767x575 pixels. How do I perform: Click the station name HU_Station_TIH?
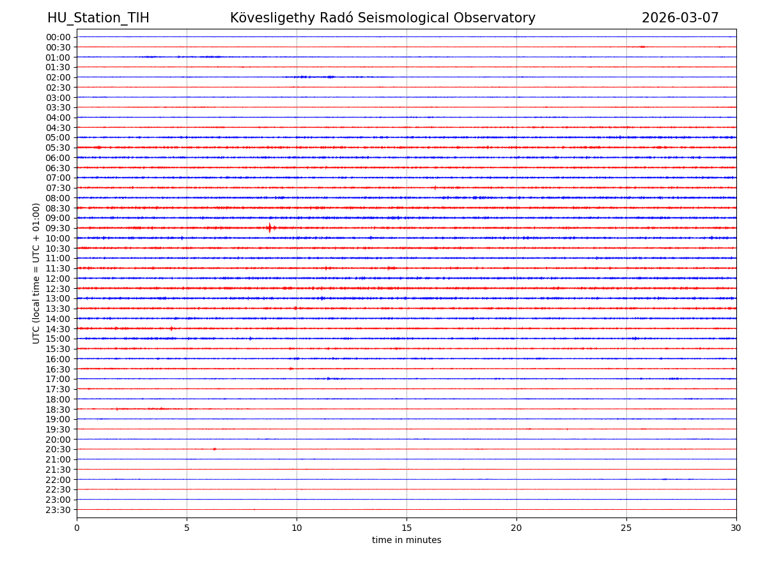[x=98, y=19]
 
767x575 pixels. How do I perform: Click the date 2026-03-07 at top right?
[x=680, y=19]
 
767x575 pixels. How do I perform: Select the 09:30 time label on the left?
[x=58, y=228]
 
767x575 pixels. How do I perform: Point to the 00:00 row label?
[x=58, y=37]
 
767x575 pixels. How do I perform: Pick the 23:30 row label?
[x=58, y=510]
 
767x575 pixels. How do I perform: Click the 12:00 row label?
[x=58, y=279]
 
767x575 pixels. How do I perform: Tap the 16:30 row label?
[x=58, y=369]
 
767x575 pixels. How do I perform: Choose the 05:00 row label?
[x=58, y=137]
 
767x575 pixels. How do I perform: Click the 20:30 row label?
[x=58, y=450]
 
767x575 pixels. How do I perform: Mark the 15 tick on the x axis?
[x=407, y=528]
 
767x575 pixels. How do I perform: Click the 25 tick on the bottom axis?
[x=626, y=528]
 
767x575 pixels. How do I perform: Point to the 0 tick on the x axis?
[x=77, y=528]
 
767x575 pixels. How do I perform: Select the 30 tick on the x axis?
[x=736, y=528]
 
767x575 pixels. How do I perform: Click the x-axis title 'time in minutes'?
[x=407, y=540]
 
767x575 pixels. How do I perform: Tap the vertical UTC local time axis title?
[x=36, y=273]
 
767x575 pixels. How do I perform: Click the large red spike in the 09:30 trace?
[x=270, y=228]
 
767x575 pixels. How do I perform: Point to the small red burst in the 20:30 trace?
[x=214, y=449]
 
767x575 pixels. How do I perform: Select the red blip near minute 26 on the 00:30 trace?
[x=642, y=47]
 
